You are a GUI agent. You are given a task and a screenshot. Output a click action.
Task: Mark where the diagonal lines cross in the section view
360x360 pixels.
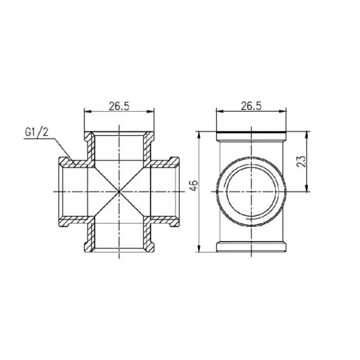click(x=119, y=191)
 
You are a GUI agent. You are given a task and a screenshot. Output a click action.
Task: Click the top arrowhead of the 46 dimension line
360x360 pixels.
click(x=199, y=133)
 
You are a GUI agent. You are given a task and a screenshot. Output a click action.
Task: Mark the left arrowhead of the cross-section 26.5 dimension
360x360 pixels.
click(x=85, y=112)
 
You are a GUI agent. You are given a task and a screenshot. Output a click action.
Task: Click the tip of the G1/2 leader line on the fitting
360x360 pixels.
click(x=73, y=160)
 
